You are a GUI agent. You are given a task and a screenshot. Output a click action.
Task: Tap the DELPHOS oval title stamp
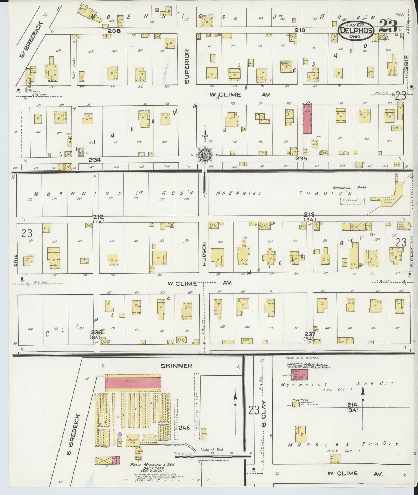click(x=355, y=31)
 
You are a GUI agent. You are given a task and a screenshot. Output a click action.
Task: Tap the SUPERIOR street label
click(x=187, y=67)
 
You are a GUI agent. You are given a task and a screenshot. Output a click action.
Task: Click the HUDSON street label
click(x=204, y=254)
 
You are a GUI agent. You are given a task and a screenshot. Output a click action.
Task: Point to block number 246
click(x=184, y=427)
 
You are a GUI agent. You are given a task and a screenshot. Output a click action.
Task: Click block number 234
click(x=95, y=159)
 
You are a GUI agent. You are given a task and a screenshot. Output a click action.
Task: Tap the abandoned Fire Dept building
click(x=296, y=404)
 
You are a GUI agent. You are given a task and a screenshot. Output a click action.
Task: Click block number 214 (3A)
click(x=353, y=407)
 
